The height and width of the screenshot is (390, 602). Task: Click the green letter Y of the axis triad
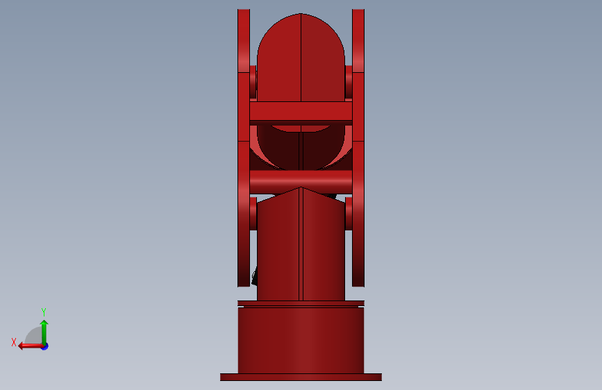point(44,312)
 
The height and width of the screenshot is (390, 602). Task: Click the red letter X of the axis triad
point(14,342)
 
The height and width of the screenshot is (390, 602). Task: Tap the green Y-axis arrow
point(44,332)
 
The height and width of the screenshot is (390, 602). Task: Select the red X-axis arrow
point(31,346)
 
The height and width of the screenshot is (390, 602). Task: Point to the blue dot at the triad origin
point(45,346)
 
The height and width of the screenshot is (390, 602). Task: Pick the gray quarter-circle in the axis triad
point(34,337)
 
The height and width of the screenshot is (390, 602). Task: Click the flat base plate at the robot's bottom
point(301,377)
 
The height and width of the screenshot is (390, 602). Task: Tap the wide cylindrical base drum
point(301,340)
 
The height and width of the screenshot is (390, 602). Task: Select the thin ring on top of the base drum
point(301,303)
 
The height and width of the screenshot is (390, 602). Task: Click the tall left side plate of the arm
point(244,148)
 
